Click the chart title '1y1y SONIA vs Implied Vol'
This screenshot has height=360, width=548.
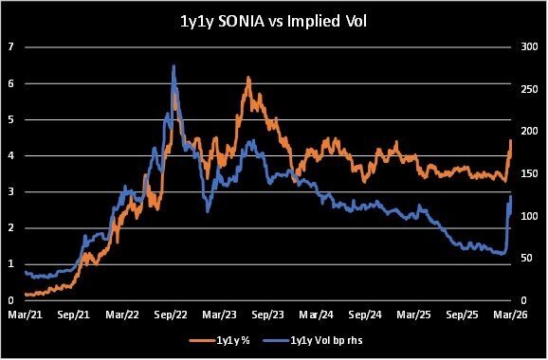[273, 22]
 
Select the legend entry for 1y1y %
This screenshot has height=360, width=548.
[220, 340]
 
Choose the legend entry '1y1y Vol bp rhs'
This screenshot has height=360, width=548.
[313, 340]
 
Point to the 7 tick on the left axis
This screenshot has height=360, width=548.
[10, 46]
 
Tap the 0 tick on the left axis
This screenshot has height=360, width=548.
[10, 300]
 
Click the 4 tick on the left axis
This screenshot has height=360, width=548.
[10, 155]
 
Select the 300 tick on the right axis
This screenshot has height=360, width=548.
[529, 46]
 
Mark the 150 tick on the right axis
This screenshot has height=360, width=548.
[529, 173]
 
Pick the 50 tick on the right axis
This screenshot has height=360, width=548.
[527, 258]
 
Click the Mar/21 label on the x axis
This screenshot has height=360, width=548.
[26, 315]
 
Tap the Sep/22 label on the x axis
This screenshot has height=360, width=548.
[172, 315]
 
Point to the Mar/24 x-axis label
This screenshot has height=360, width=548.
[317, 315]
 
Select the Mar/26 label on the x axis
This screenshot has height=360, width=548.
[511, 315]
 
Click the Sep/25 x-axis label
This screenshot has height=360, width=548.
[463, 315]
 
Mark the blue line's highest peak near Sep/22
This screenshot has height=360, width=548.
[174, 65]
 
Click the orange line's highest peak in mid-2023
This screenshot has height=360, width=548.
[248, 77]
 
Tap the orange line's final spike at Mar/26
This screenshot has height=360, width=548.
[511, 140]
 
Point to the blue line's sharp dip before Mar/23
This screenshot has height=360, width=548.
[208, 211]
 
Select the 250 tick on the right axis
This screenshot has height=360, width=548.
[529, 89]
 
